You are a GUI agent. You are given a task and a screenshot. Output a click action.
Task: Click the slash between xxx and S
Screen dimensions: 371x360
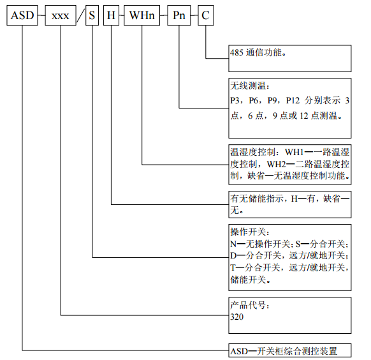(80, 15)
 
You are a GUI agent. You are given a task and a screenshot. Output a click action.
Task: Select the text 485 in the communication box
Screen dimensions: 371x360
(237, 52)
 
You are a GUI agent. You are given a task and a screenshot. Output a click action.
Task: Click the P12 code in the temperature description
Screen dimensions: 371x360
(293, 100)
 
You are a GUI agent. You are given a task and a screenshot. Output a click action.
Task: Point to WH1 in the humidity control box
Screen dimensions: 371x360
(294, 152)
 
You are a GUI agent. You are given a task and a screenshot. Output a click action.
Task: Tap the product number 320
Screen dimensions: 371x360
(237, 317)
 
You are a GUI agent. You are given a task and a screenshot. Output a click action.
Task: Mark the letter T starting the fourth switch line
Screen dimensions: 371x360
(233, 267)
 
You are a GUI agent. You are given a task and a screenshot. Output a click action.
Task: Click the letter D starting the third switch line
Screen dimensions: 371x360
(233, 255)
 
